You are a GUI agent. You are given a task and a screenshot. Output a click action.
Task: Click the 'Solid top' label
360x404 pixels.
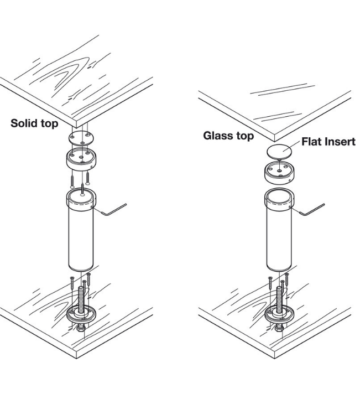click(34, 123)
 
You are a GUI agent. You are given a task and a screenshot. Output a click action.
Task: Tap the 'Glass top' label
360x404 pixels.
click(228, 136)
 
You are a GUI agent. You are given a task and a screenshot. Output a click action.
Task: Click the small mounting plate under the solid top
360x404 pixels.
click(81, 139)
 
